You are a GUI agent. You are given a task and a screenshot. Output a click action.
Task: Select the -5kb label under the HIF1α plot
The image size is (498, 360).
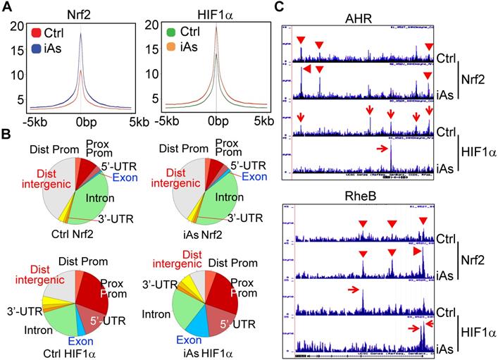click(167, 120)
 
